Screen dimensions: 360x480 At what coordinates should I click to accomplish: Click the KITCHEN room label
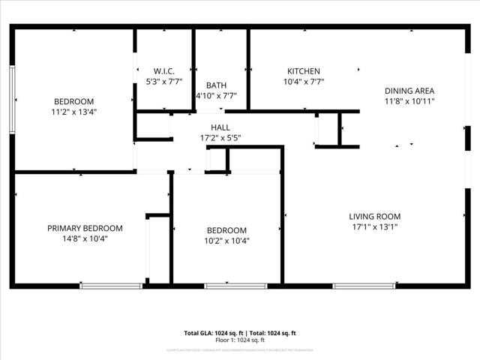point(303,71)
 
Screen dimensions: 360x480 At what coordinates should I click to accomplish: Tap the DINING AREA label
point(409,91)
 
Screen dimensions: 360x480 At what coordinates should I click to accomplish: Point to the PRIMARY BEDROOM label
point(85,228)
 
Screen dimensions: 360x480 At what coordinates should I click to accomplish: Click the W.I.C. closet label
point(163,71)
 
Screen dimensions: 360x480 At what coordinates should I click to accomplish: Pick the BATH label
point(216,85)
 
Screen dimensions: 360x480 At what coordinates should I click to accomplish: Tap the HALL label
point(220,127)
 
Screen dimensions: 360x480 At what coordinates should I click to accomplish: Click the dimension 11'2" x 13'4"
point(73,112)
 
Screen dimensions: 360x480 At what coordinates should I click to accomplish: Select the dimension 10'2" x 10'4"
point(226,241)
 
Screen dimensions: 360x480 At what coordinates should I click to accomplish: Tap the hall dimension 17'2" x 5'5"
point(220,138)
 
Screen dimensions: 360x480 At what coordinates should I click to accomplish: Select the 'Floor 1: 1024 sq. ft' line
point(240,340)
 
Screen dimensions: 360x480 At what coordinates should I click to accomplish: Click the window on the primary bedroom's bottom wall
point(111,285)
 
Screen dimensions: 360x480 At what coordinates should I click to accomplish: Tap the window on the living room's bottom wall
point(365,285)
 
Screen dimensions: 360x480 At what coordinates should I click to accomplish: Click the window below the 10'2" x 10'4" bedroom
point(235,285)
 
